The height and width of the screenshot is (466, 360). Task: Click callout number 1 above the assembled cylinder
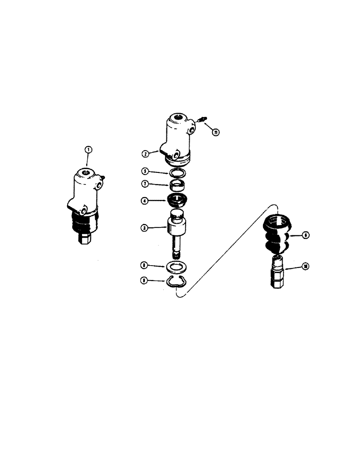[x=89, y=150]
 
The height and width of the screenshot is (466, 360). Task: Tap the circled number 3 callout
[x=145, y=228]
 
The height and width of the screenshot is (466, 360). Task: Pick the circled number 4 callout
[x=145, y=201]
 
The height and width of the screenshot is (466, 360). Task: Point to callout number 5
[x=145, y=171]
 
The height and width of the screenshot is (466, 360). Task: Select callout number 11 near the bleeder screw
[x=216, y=132]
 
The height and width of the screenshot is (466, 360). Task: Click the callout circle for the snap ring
[x=145, y=281]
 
